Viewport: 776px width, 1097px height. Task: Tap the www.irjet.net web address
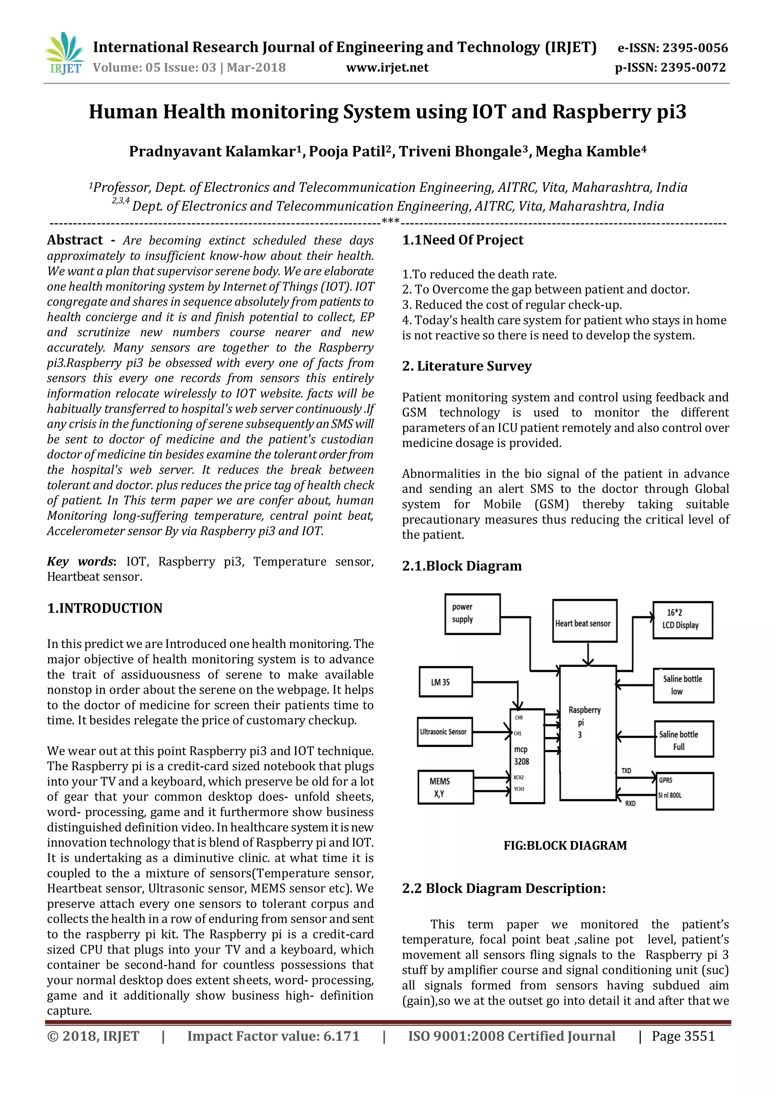(x=387, y=67)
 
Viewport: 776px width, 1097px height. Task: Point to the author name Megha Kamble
(x=591, y=152)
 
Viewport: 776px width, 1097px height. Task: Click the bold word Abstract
(x=75, y=240)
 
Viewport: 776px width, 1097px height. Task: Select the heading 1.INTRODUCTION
(x=105, y=608)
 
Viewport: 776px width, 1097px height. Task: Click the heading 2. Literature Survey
(x=466, y=366)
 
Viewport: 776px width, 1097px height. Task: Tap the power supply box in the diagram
(x=472, y=614)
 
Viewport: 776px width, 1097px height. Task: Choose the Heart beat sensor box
(x=584, y=621)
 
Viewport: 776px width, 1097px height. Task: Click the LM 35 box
(x=445, y=682)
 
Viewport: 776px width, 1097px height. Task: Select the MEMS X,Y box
(x=445, y=787)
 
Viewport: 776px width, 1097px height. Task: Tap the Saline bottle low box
(x=683, y=685)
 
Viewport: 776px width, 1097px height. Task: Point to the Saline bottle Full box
(x=683, y=740)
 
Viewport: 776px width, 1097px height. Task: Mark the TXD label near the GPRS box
(x=626, y=771)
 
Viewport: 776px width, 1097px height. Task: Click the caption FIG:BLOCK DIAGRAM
(x=565, y=846)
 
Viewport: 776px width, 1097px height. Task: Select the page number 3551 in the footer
(x=699, y=1036)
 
